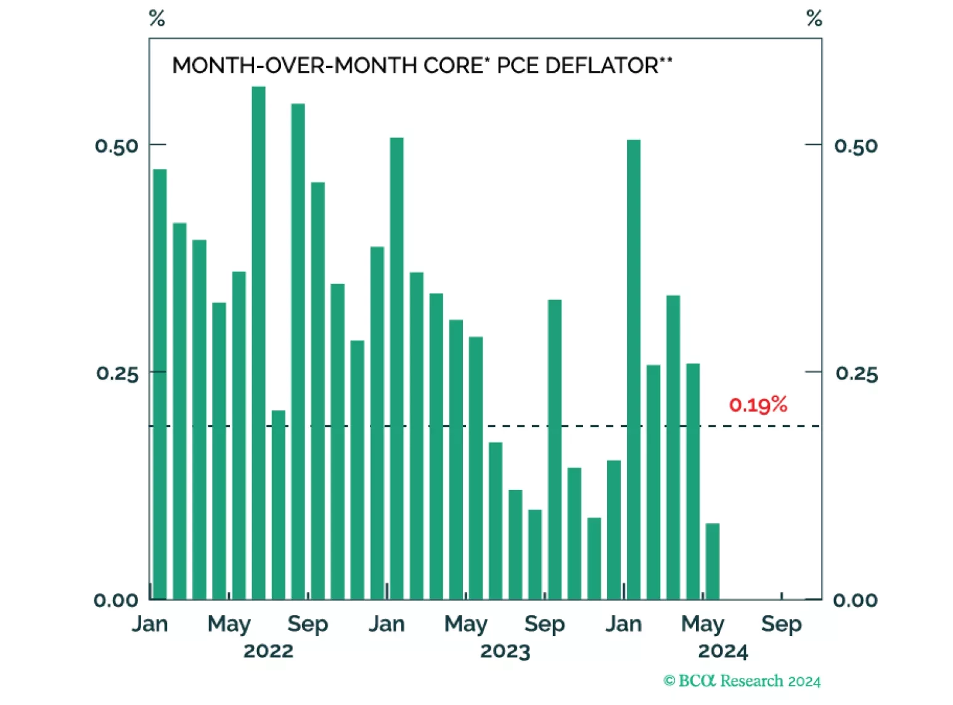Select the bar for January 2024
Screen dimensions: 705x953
(633, 369)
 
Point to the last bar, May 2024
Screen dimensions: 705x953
(712, 561)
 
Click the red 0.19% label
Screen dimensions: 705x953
(758, 405)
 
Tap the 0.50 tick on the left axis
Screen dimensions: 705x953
(117, 146)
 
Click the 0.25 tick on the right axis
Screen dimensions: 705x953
(856, 373)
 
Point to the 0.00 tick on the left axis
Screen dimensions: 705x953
(115, 600)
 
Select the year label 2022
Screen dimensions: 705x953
(268, 651)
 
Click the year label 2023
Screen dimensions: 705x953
(505, 651)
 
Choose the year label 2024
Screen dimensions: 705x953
(722, 651)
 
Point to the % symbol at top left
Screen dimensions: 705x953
(157, 18)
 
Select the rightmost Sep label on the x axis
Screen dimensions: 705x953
(781, 624)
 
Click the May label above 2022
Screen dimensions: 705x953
(229, 624)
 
